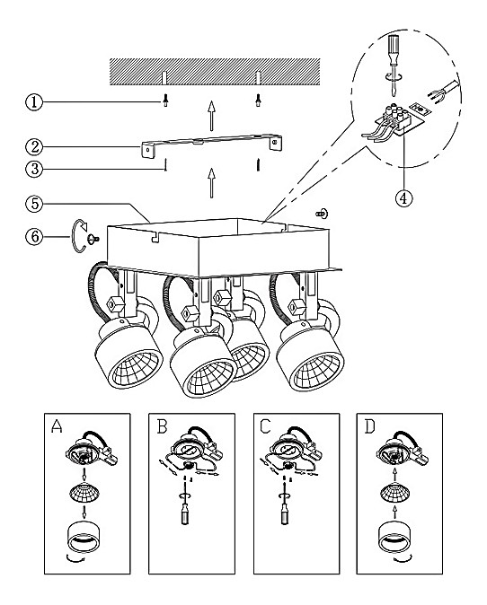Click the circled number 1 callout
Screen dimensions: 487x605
pyautogui.click(x=34, y=102)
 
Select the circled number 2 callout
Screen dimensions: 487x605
pyautogui.click(x=34, y=146)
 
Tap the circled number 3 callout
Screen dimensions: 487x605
pyautogui.click(x=34, y=169)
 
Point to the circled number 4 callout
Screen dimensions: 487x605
pyautogui.click(x=403, y=198)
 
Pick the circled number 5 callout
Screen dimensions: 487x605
pyautogui.click(x=34, y=204)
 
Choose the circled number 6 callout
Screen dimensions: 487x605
pyautogui.click(x=34, y=236)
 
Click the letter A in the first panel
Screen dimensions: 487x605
pyautogui.click(x=57, y=426)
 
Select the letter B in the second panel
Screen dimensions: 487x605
pyautogui.click(x=163, y=426)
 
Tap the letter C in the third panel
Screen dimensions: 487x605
pyautogui.click(x=266, y=426)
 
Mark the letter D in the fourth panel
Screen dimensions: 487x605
pyautogui.click(x=369, y=426)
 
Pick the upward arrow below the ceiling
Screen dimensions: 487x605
pyautogui.click(x=211, y=116)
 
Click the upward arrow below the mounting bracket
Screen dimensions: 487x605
pyautogui.click(x=211, y=183)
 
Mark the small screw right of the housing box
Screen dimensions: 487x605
pyautogui.click(x=322, y=213)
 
